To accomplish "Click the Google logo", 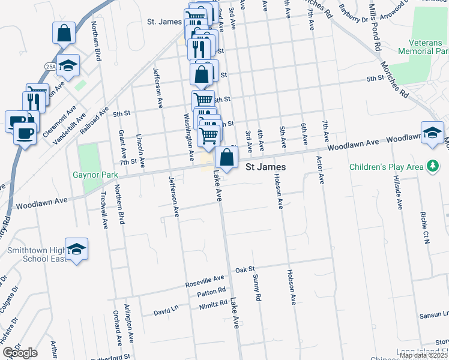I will tap(20, 353).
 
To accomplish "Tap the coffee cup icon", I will tap(25, 133).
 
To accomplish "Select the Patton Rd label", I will tap(211, 293).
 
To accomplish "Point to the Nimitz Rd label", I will tap(212, 307).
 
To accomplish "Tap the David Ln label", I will tap(166, 312).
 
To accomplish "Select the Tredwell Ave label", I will tap(104, 211).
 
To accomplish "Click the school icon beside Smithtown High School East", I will tap(77, 250).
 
